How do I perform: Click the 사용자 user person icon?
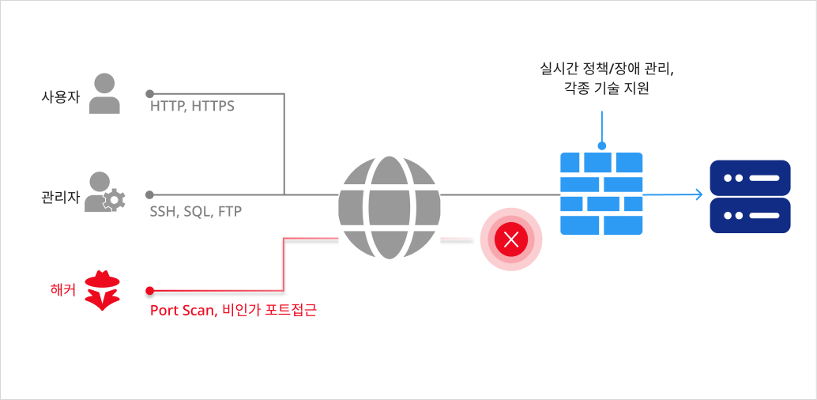click(104, 94)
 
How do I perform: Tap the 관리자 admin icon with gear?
click(105, 192)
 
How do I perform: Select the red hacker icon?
click(103, 289)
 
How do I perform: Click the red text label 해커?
click(62, 289)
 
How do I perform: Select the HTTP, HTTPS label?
click(192, 106)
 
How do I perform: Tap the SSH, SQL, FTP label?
click(195, 211)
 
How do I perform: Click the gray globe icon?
click(389, 207)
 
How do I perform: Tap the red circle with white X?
click(511, 239)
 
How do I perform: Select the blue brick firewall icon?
click(601, 194)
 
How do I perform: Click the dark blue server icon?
click(750, 196)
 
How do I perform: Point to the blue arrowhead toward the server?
click(698, 194)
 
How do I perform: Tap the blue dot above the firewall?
click(602, 145)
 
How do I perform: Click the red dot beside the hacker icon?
click(150, 290)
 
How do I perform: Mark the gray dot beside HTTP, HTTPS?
click(150, 94)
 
